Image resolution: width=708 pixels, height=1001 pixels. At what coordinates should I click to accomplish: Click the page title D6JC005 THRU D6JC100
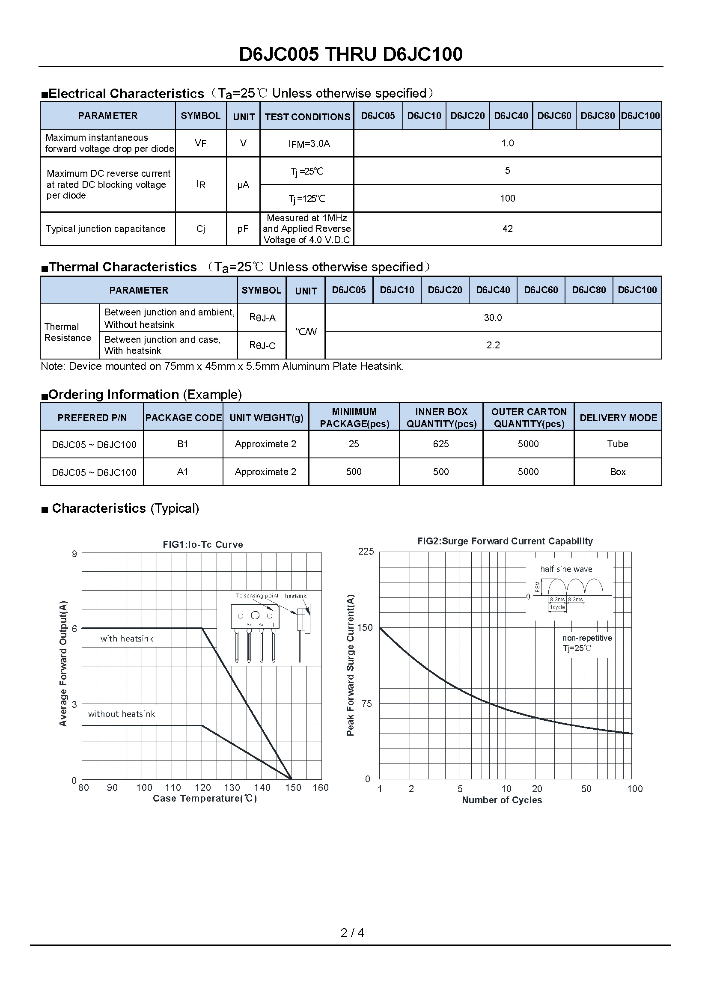[x=351, y=54]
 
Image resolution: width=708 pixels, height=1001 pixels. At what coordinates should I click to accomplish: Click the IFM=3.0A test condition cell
[x=309, y=143]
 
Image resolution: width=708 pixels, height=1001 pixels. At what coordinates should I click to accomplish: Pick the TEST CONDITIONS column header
[x=307, y=116]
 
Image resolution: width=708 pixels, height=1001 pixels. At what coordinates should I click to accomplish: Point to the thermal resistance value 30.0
[x=493, y=318]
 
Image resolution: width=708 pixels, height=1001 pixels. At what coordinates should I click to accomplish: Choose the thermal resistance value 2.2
[x=493, y=345]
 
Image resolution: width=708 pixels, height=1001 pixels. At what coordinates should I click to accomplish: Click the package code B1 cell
[x=183, y=444]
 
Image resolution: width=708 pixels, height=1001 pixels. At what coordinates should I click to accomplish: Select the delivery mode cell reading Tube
[x=617, y=444]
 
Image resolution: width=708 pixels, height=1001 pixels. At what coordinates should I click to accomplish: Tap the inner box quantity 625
[x=441, y=444]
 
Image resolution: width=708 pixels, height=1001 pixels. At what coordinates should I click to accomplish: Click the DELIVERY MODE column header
[x=618, y=417]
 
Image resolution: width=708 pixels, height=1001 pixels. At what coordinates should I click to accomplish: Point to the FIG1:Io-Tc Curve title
[x=203, y=544]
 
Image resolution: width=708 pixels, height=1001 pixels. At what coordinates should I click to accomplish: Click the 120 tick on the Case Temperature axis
[x=203, y=787]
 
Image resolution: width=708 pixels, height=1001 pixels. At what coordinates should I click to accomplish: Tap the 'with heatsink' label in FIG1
[x=127, y=639]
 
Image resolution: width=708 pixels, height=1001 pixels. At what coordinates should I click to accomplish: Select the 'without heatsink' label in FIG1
[x=121, y=714]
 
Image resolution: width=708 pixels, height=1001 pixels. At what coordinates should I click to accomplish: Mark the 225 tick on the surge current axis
[x=366, y=552]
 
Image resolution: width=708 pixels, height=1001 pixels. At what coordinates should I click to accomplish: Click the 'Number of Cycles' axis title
[x=502, y=800]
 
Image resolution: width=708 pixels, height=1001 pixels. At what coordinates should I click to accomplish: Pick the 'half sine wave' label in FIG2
[x=566, y=569]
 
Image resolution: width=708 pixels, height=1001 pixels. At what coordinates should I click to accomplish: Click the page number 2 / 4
[x=352, y=933]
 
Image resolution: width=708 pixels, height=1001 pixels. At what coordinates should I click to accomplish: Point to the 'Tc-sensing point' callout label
[x=257, y=596]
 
